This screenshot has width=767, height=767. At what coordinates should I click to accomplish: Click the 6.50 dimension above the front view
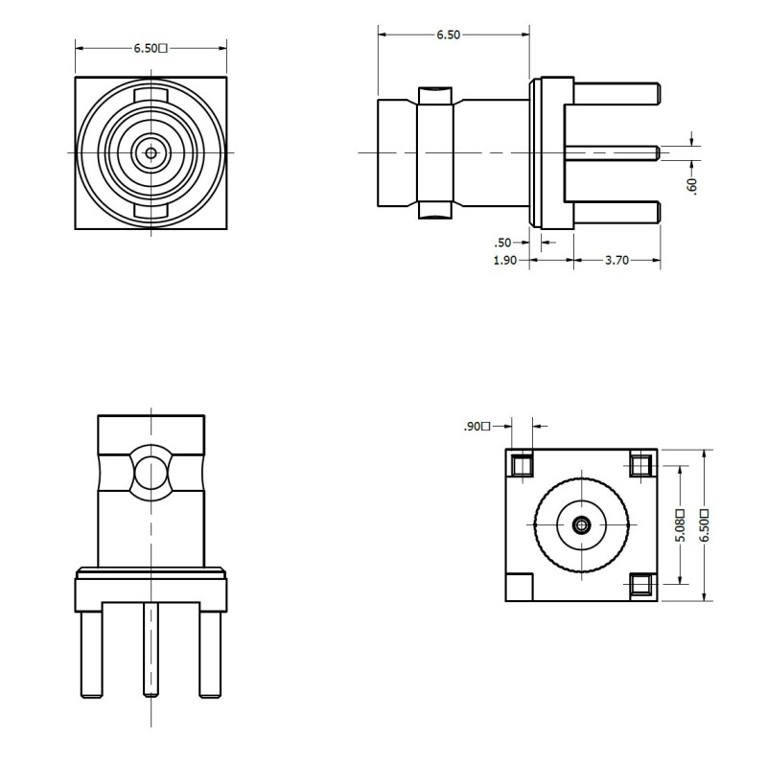[151, 47]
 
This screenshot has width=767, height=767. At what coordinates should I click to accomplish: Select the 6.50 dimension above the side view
[448, 35]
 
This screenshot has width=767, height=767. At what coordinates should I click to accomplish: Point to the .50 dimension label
[500, 242]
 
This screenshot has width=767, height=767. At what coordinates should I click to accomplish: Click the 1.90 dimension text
[505, 260]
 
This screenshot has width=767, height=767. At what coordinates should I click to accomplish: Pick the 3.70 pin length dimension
[616, 260]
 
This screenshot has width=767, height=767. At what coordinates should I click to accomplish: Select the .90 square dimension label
[476, 427]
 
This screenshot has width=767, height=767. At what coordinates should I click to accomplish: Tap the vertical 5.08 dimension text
[680, 524]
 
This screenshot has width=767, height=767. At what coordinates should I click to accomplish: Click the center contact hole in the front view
[151, 151]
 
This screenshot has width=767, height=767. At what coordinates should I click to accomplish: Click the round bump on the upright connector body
[151, 472]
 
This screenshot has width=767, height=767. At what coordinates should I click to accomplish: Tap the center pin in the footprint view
[581, 524]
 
